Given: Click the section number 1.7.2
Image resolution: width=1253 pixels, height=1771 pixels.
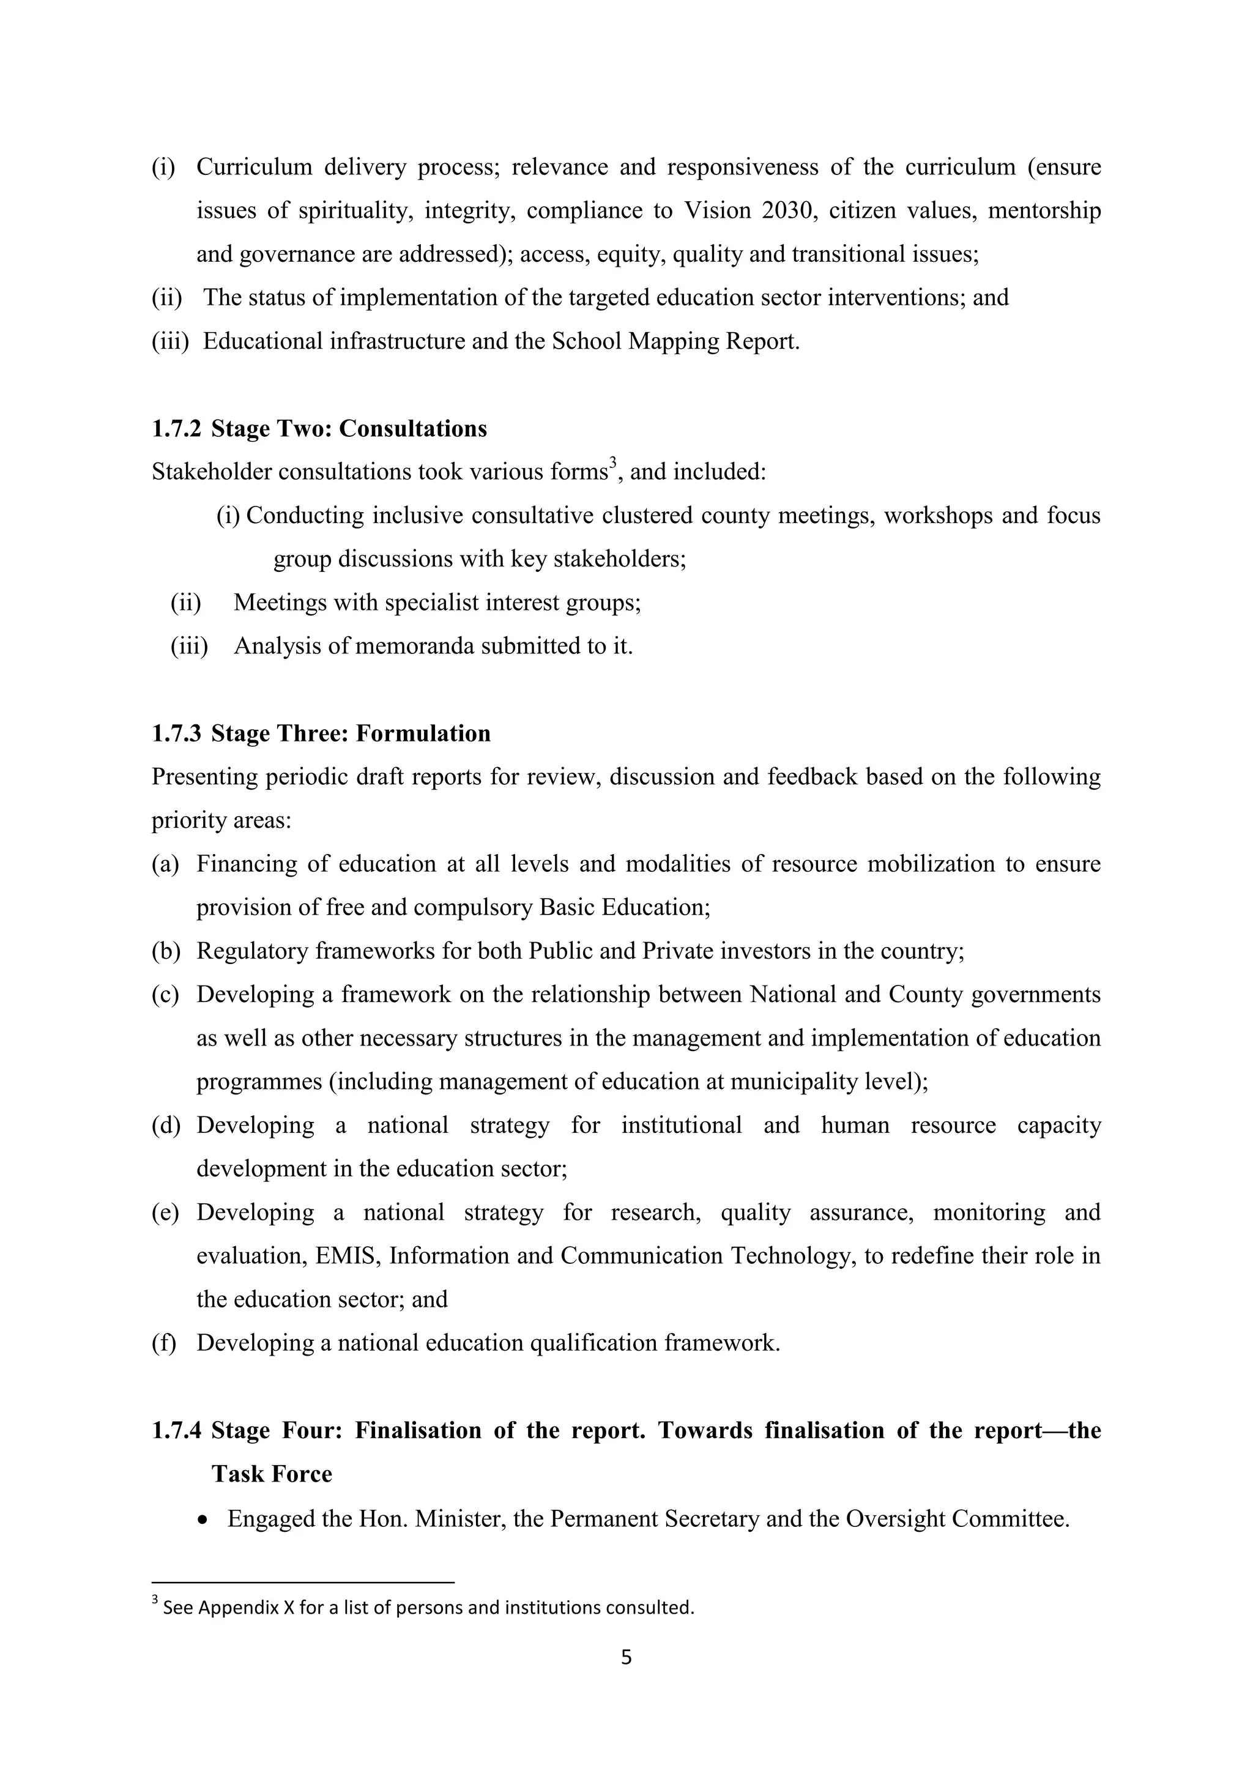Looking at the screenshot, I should pos(176,429).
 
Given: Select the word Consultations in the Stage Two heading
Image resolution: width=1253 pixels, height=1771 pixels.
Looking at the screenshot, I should pos(413,429).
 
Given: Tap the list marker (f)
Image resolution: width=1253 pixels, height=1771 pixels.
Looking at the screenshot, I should pos(163,1343).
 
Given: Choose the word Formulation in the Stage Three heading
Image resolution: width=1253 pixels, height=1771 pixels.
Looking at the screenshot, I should pos(423,733).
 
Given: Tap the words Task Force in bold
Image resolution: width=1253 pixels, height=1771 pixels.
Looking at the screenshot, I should pos(272,1474).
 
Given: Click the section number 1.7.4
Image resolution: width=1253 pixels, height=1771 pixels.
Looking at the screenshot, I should pos(176,1431).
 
